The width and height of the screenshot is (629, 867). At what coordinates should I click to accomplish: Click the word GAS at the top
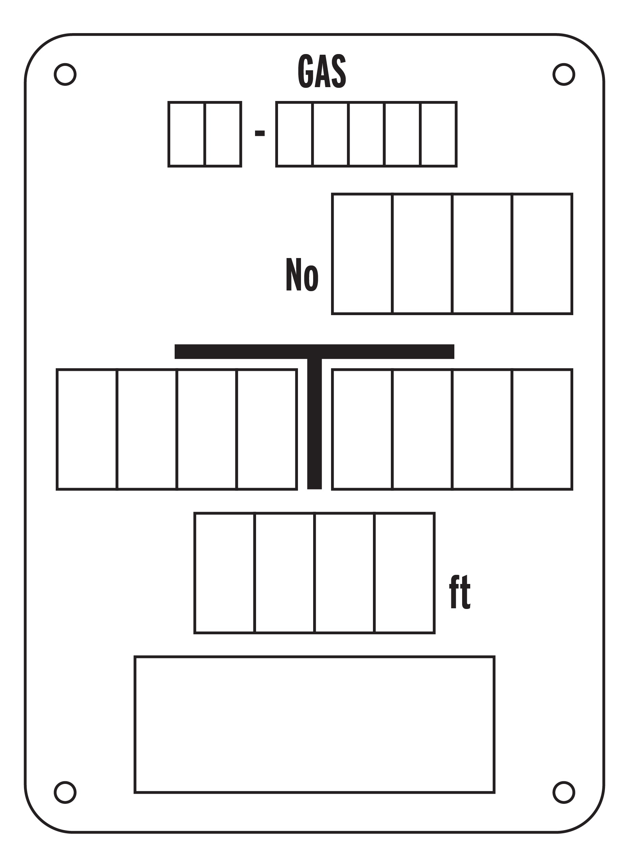point(322,71)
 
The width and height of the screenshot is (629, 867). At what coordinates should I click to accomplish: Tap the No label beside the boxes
point(302,275)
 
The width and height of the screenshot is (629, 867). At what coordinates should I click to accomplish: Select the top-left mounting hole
point(65,74)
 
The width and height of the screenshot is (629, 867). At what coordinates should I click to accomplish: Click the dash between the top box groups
point(260,133)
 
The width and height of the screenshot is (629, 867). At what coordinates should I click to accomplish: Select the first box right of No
point(362,254)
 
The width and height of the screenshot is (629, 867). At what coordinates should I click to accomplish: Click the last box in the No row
point(542,254)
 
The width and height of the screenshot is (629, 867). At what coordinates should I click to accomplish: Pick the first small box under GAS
point(186,134)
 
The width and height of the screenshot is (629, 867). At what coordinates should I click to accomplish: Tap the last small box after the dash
point(438,134)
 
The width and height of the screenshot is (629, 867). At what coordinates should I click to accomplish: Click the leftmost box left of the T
point(87,429)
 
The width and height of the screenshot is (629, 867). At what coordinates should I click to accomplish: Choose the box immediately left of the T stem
point(267,429)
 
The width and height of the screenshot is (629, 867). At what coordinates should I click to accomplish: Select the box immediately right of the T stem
point(362,429)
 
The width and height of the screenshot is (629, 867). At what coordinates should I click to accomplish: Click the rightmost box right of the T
point(542,429)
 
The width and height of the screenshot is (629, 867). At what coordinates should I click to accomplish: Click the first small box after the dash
point(295,134)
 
